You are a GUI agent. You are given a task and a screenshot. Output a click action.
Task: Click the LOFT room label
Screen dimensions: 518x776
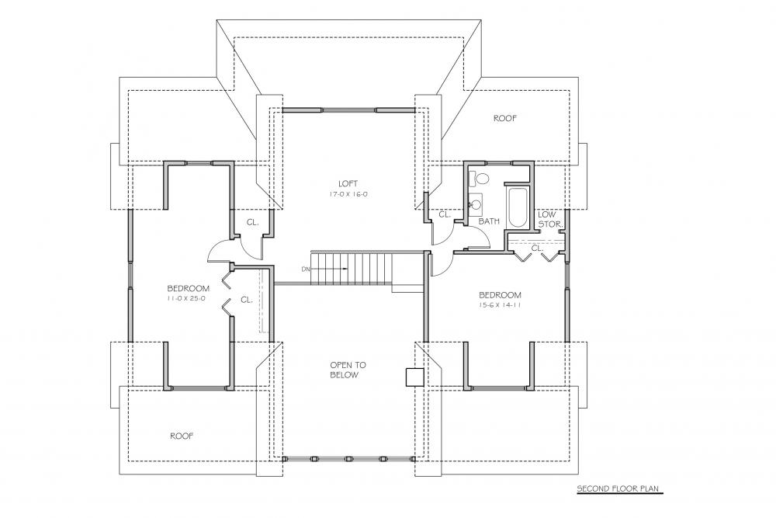tap(342, 183)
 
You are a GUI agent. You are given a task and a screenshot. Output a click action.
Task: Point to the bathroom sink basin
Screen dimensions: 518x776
tap(476, 205)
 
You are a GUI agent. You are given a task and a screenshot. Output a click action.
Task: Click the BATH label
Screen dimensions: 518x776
tap(489, 221)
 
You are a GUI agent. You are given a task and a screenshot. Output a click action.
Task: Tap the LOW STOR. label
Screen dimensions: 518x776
tap(548, 219)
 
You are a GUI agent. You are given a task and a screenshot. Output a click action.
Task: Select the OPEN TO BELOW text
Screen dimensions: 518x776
tap(348, 370)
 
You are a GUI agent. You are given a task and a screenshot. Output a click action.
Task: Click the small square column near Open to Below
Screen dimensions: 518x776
tap(414, 377)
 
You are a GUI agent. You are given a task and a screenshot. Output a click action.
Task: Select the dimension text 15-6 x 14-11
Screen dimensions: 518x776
tap(500, 305)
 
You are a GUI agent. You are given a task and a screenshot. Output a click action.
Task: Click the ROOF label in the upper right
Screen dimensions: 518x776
tap(505, 119)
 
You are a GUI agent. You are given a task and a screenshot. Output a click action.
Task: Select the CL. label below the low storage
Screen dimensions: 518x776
tap(535, 248)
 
